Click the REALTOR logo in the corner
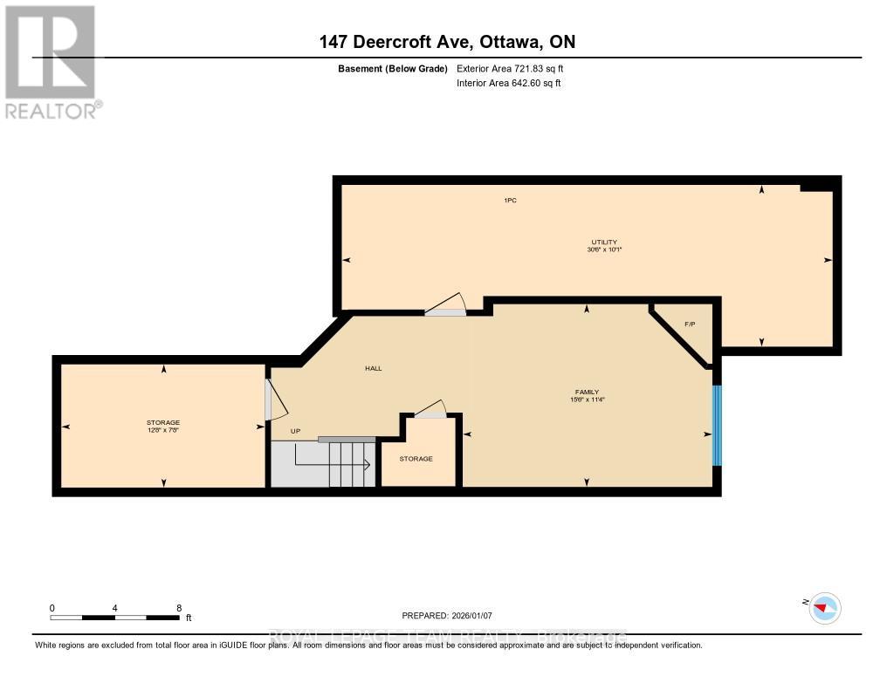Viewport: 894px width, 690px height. (x=52, y=62)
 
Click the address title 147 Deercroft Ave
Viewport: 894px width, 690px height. (x=446, y=42)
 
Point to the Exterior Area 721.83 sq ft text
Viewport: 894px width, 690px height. (x=516, y=68)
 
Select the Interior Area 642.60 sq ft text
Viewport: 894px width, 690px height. (x=508, y=84)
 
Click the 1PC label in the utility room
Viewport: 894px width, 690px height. (x=511, y=201)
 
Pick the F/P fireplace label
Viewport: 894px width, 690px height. (x=689, y=325)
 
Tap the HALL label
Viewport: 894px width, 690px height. (x=374, y=368)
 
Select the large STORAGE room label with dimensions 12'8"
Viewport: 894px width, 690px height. (x=163, y=426)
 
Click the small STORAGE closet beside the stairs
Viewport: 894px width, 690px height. (x=416, y=459)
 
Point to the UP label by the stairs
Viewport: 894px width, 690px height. (x=295, y=431)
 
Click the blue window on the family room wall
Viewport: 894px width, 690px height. (x=717, y=426)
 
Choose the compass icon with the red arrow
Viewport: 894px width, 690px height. (x=823, y=607)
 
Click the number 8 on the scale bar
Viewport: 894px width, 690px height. (x=179, y=608)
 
